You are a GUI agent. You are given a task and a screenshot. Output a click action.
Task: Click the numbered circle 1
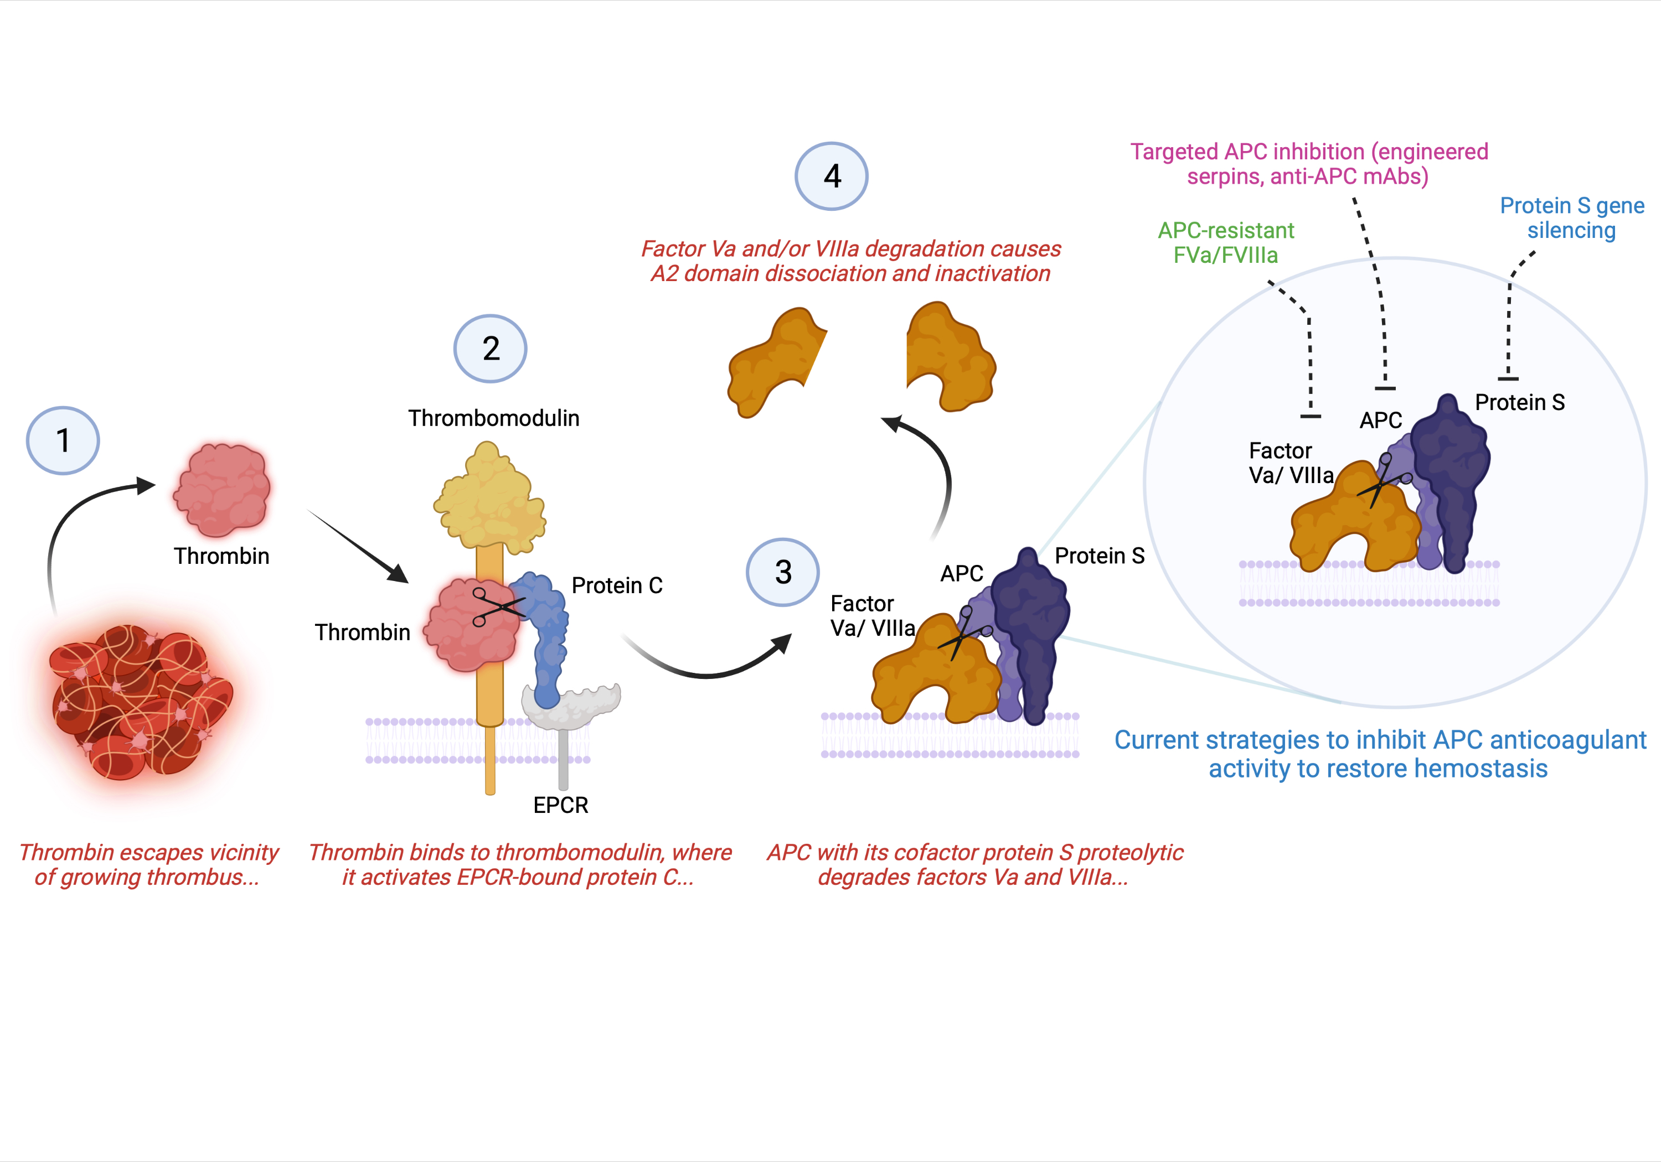pos(63,440)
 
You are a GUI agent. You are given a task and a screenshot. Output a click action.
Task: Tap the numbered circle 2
pos(491,349)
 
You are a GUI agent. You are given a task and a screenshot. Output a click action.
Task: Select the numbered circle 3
pos(783,572)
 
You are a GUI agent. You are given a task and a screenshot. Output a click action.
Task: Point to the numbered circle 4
pos(832,176)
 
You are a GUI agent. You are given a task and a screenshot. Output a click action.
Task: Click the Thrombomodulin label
pos(493,418)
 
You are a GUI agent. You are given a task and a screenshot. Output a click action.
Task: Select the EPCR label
pos(561,805)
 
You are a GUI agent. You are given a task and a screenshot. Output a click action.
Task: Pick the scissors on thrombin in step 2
pos(497,606)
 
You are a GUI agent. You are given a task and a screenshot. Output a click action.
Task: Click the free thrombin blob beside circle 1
pos(221,490)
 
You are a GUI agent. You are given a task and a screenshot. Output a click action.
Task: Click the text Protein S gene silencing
pos(1571,217)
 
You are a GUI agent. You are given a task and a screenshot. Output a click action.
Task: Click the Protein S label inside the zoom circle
pos(1519,402)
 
